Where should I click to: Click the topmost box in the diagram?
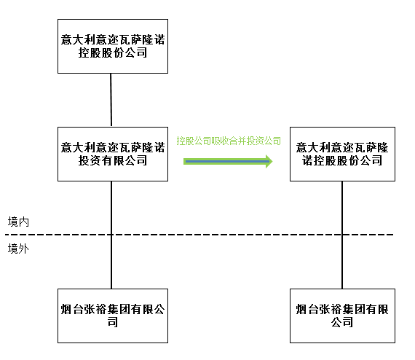click(x=113, y=46)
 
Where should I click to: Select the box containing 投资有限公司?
click(x=113, y=154)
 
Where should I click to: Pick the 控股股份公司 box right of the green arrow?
click(x=342, y=154)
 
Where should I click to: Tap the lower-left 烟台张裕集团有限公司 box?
click(x=113, y=316)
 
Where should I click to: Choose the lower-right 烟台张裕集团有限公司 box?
click(x=342, y=316)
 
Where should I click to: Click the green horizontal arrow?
click(x=228, y=161)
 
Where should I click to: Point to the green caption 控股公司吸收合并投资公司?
click(x=229, y=141)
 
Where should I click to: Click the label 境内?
click(x=18, y=222)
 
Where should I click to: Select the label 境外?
click(x=18, y=249)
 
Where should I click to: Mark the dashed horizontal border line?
click(x=199, y=235)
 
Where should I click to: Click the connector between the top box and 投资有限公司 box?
click(x=111, y=100)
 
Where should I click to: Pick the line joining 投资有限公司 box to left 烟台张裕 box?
click(x=111, y=235)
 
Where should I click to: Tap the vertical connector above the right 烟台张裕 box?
click(x=342, y=235)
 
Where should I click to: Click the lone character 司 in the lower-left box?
click(x=113, y=322)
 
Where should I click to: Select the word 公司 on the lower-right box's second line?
click(x=342, y=322)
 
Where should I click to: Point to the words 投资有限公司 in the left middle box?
click(x=113, y=160)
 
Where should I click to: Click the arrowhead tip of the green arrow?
click(x=272, y=161)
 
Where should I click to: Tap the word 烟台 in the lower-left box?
click(x=72, y=309)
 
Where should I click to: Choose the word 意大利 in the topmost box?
click(x=78, y=40)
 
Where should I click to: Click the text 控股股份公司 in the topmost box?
click(x=113, y=52)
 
